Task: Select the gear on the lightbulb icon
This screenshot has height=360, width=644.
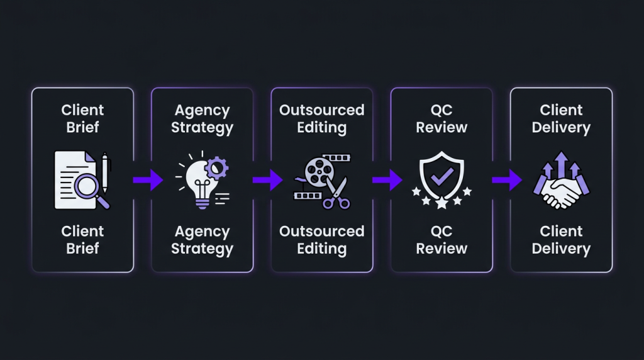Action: click(216, 167)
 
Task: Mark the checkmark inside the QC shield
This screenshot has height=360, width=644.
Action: click(441, 176)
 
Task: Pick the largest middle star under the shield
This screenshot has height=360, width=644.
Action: click(441, 203)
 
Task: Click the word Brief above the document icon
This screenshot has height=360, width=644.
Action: click(82, 127)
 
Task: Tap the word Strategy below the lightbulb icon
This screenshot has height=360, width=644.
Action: click(202, 249)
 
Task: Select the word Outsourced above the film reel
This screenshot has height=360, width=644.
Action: click(321, 110)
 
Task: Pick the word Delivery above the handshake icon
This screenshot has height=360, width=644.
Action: click(561, 127)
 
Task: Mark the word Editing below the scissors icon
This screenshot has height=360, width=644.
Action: click(321, 249)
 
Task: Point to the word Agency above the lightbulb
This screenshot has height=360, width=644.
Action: click(202, 110)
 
